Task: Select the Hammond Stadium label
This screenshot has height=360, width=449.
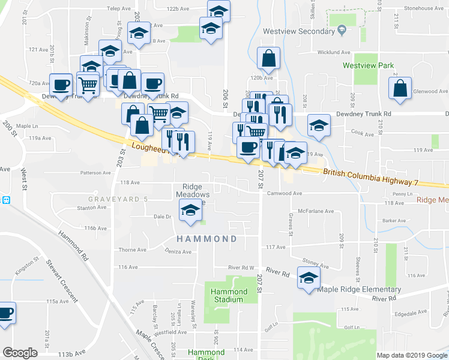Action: [x=229, y=295]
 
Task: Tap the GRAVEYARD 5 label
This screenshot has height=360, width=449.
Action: [x=118, y=199]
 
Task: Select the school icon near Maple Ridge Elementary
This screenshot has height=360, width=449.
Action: [x=309, y=278]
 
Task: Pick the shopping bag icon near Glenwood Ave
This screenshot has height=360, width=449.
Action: [x=400, y=88]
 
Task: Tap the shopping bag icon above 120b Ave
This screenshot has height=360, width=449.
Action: [x=268, y=58]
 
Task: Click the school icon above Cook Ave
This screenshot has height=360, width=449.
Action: [x=319, y=125]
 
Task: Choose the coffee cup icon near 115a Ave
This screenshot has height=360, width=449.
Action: [x=5, y=313]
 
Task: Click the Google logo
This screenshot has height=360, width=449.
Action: [x=20, y=353]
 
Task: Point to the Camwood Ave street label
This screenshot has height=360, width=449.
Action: [x=284, y=194]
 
